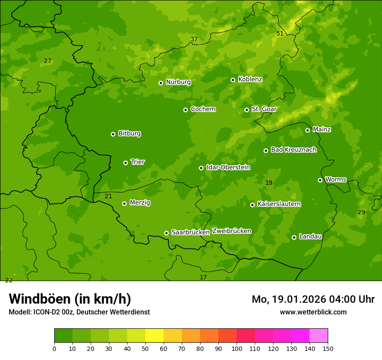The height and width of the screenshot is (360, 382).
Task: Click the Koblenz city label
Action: point(250,79)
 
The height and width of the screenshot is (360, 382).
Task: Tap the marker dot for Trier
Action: point(125,163)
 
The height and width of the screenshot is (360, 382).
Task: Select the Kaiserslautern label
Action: point(279,204)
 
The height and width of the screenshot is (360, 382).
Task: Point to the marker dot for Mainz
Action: point(307,130)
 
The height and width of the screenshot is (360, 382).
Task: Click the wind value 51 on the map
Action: point(280,33)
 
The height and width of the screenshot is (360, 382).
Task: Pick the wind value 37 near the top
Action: point(194,39)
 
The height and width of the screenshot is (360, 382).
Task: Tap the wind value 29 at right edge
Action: point(361,212)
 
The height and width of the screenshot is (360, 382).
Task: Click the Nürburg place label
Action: point(178,82)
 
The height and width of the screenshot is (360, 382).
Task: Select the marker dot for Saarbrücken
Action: point(166,233)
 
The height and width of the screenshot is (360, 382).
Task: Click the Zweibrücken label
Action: point(231,231)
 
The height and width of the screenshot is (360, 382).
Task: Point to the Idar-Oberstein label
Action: point(228,167)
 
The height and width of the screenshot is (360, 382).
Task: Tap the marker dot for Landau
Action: point(294,237)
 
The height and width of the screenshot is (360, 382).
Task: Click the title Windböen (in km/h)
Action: point(70,299)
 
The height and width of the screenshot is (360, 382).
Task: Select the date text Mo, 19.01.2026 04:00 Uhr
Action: point(313,299)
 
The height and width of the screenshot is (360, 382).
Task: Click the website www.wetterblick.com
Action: point(313,312)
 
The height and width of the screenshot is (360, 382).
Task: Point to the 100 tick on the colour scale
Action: point(237,348)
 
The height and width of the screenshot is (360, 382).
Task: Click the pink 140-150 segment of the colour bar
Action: point(319,335)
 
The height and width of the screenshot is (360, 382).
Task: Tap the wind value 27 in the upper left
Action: point(47,61)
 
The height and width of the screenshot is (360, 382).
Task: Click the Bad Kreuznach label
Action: point(293,150)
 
